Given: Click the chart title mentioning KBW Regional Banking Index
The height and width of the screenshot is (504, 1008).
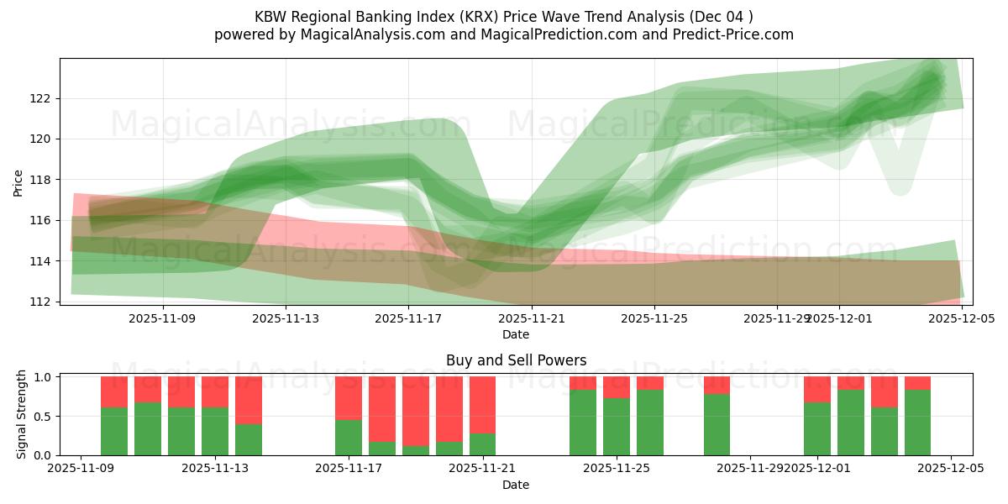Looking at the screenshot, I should tap(504, 17).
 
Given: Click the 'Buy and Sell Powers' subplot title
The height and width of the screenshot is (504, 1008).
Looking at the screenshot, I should tap(516, 360).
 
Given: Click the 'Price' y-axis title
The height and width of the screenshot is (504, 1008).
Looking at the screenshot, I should tap(18, 182).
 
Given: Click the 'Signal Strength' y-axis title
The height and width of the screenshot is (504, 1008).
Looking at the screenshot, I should tap(22, 413).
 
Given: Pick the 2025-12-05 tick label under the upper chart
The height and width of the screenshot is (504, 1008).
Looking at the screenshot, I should tap(961, 318).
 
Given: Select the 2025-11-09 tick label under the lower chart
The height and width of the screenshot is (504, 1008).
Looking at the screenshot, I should tap(81, 469).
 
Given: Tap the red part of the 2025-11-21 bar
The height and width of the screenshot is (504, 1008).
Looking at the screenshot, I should tap(482, 403).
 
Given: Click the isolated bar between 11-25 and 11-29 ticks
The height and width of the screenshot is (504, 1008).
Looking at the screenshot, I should tap(717, 425).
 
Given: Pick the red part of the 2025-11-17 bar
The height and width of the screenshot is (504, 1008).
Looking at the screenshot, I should tap(349, 396).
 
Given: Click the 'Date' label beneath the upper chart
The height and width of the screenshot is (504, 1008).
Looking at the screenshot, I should tap(515, 334).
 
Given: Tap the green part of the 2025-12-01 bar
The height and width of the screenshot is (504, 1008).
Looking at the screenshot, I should tap(817, 430).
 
